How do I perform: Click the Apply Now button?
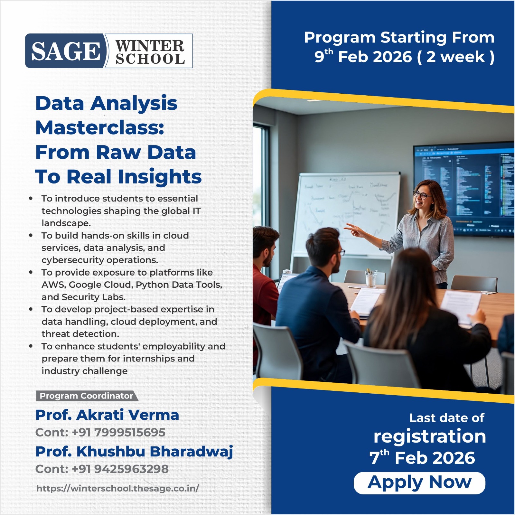coord(419,483)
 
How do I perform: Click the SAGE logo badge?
coord(65,51)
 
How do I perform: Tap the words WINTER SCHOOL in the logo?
coord(150,51)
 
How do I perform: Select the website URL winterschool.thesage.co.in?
coord(118,488)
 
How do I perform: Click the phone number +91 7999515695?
coord(118,432)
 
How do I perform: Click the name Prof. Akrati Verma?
coord(107,415)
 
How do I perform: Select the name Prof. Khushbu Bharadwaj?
coord(134,451)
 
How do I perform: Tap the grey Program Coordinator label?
coord(86,396)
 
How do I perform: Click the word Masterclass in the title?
coord(100,128)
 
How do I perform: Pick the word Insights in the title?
coord(160,177)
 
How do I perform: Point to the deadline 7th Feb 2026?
coord(422,458)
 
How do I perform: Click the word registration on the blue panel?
coord(429,436)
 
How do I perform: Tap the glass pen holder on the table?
coord(371,279)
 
